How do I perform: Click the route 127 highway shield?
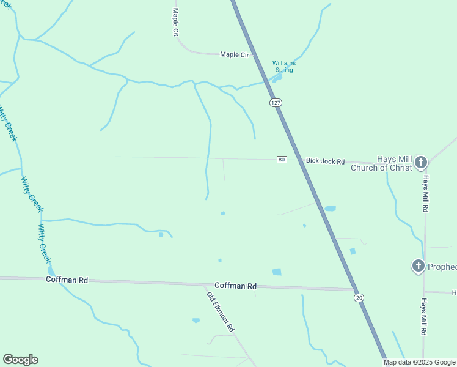click(276, 103)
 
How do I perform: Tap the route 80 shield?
click(282, 160)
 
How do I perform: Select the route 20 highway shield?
click(359, 297)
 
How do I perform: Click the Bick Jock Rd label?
click(325, 161)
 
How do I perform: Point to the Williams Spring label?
click(283, 66)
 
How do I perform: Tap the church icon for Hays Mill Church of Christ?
click(420, 162)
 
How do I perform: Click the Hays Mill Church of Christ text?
click(381, 164)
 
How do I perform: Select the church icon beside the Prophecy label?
click(418, 265)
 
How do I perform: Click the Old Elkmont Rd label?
click(221, 312)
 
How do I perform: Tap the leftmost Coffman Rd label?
click(67, 280)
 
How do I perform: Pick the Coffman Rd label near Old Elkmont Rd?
click(235, 286)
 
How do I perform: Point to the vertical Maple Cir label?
click(175, 23)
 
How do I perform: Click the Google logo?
click(20, 360)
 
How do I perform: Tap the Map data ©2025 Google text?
click(419, 362)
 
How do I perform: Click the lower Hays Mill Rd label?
click(423, 316)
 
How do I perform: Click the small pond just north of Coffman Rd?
click(277, 272)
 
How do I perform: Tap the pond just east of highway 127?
click(330, 209)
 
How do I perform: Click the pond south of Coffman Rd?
click(196, 320)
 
